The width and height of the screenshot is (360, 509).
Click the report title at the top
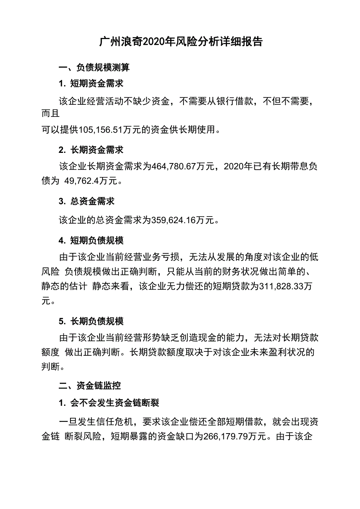(x=180, y=42)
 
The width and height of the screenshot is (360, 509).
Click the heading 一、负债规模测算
(x=94, y=68)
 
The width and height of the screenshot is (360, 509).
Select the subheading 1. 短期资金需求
(x=91, y=83)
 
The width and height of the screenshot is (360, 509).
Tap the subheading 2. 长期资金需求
(x=91, y=150)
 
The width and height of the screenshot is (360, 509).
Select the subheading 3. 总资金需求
(x=86, y=201)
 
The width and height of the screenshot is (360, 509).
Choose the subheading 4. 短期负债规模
(x=91, y=240)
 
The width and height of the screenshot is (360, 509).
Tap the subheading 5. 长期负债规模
(x=91, y=321)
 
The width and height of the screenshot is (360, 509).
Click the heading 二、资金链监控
(x=90, y=385)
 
